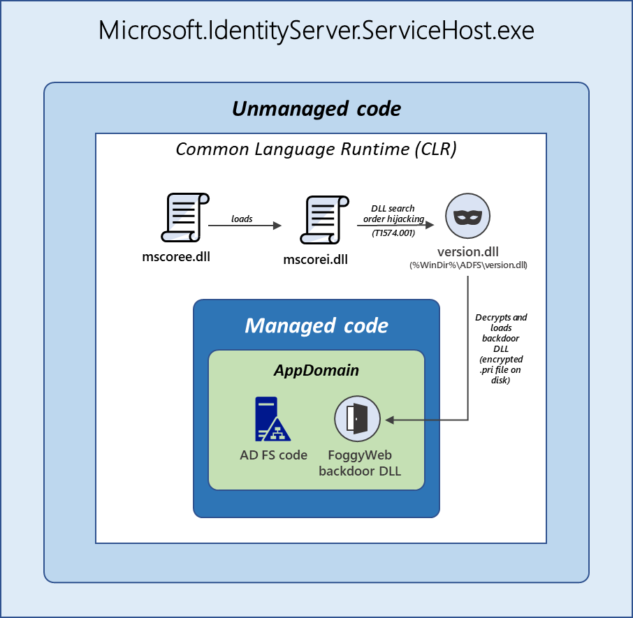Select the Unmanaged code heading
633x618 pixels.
pos(316,109)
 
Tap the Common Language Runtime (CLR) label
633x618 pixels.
pos(316,149)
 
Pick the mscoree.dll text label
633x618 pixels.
pos(176,256)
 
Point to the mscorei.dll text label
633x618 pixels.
pos(315,260)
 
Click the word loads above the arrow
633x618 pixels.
pos(242,219)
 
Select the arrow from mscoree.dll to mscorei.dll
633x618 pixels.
pos(247,226)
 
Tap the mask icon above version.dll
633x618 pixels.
pos(467,216)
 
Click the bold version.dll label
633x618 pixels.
pos(468,251)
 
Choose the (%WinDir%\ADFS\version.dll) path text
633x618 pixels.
pos(468,265)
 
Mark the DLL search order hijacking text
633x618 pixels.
pos(393,214)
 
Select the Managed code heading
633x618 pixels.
pos(316,325)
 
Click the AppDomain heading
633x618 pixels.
pos(316,370)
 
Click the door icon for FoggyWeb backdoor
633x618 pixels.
pos(358,420)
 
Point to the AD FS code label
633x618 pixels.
pos(273,455)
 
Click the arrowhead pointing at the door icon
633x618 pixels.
pos(390,420)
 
